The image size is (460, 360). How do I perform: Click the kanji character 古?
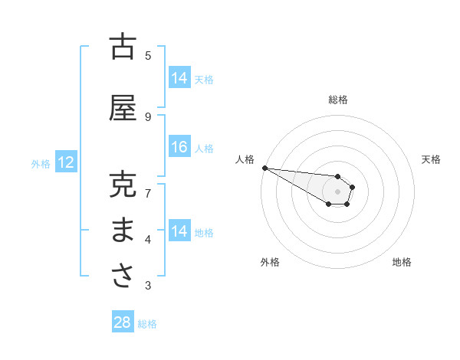click(123, 47)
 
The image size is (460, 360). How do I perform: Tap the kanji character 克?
click(123, 185)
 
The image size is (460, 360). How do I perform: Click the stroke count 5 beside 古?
click(148, 55)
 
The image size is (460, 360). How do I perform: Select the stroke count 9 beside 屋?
click(148, 116)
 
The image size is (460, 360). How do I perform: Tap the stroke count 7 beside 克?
click(148, 193)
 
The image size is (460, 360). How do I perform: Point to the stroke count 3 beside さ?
click(148, 286)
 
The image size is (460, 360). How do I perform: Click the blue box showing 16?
click(179, 147)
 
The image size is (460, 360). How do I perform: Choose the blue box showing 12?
click(65, 162)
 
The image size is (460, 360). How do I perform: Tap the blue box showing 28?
click(123, 322)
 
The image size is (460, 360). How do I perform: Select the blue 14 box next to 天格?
click(179, 78)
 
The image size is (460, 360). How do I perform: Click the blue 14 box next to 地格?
click(179, 231)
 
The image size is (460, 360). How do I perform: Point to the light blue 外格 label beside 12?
click(41, 163)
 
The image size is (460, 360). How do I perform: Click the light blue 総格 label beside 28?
click(147, 324)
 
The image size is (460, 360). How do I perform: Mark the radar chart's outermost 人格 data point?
click(264, 168)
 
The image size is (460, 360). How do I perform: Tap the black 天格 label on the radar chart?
click(431, 159)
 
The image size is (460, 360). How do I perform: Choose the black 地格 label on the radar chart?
click(402, 262)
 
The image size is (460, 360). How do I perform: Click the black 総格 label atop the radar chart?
click(338, 100)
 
